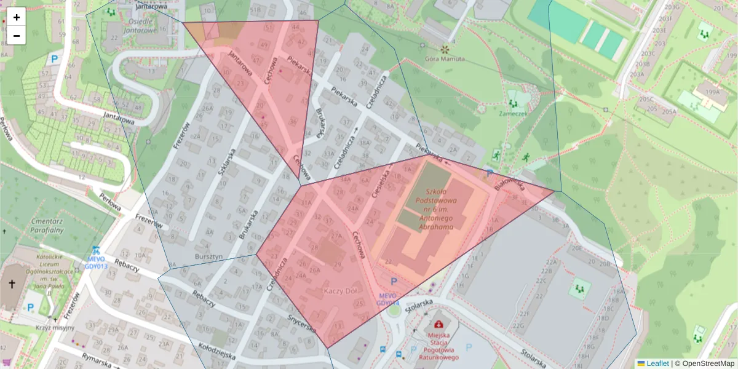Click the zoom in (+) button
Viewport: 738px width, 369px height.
click(17, 17)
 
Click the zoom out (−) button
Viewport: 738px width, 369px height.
click(17, 36)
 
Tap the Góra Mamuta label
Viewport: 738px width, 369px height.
click(445, 59)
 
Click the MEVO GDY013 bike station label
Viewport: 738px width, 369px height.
click(97, 263)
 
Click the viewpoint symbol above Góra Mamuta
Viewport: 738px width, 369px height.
click(445, 48)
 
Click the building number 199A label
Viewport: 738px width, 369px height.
click(713, 92)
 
